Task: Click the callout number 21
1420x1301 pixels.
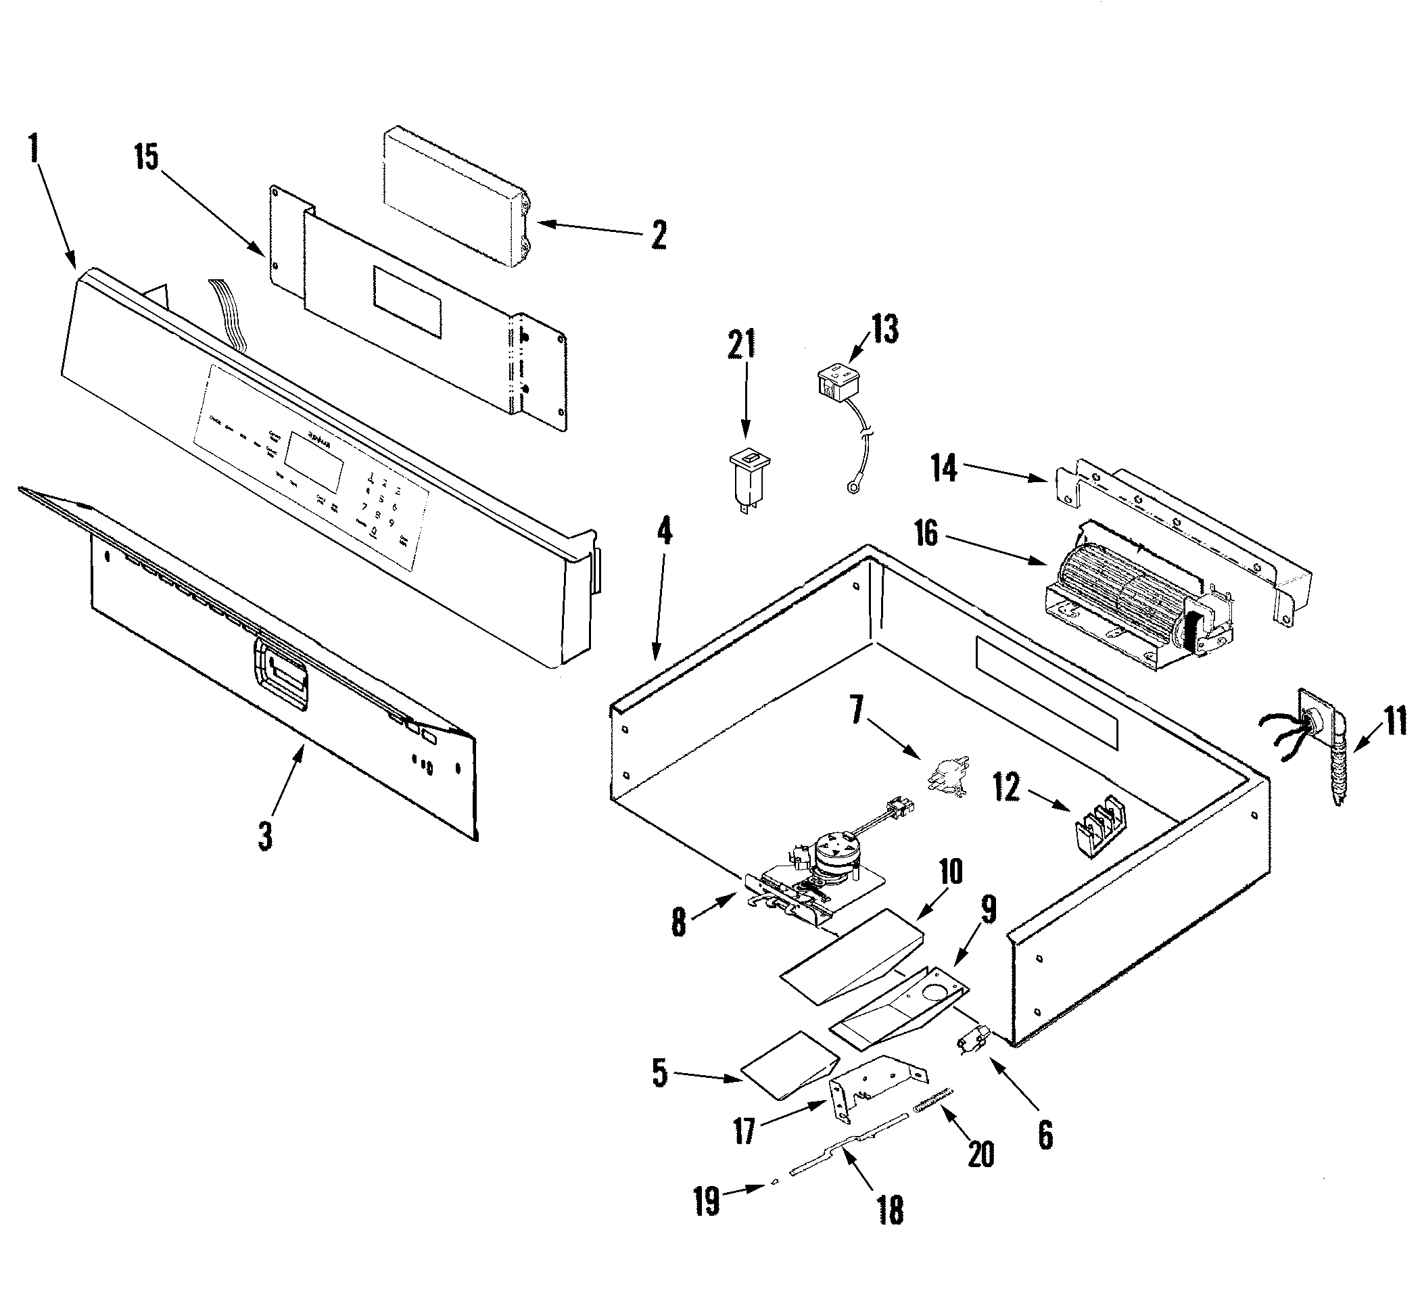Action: point(741,344)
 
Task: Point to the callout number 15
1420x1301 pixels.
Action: point(147,158)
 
